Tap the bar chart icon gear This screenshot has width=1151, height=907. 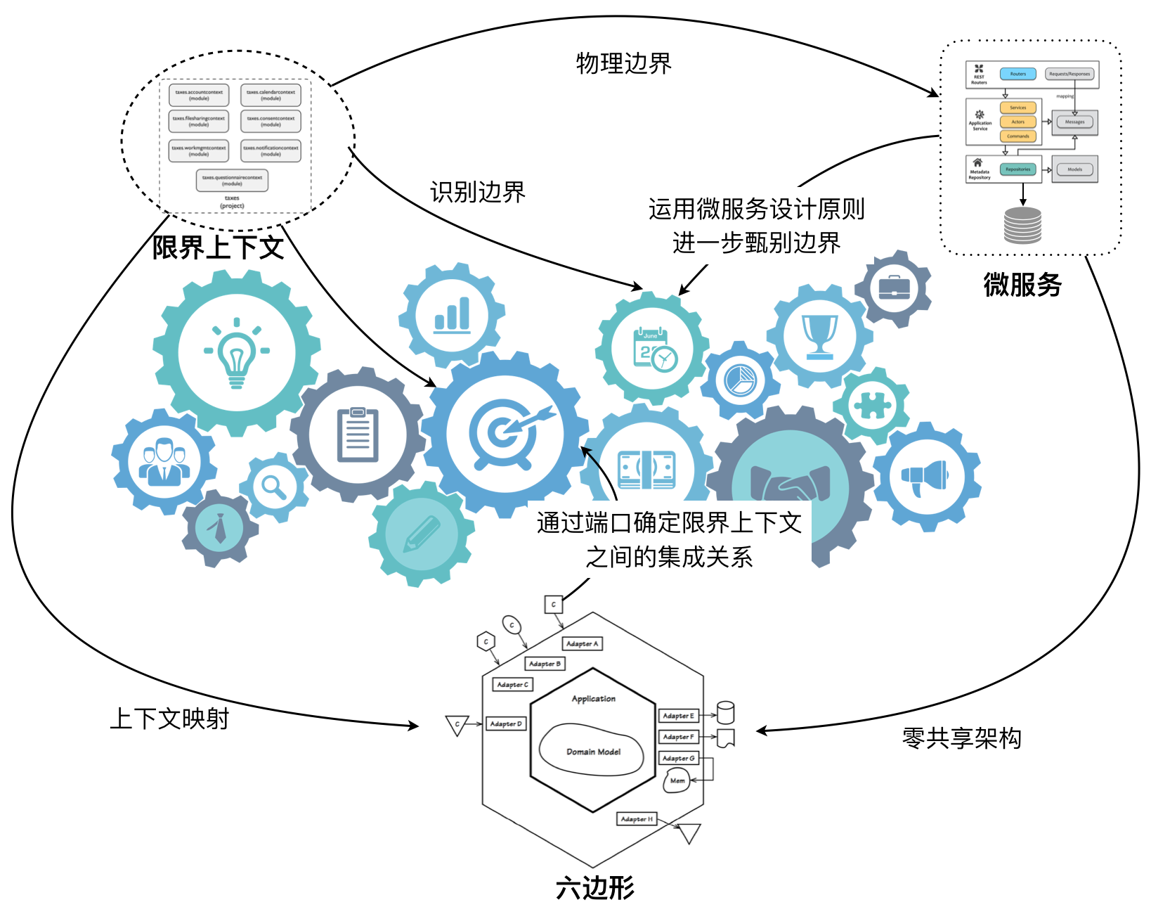(x=452, y=316)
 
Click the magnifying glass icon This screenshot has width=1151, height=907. (x=273, y=487)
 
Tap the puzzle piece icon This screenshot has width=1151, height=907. (x=871, y=406)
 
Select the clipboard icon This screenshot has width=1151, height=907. (x=358, y=435)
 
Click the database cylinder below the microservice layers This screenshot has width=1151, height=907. (x=1022, y=225)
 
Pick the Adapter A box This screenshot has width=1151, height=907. (x=582, y=643)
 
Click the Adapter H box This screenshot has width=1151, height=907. (x=637, y=819)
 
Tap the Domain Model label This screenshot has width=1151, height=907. (x=593, y=752)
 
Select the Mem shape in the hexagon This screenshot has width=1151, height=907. (x=677, y=780)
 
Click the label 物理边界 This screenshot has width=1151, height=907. (x=623, y=63)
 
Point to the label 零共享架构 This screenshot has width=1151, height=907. (x=961, y=738)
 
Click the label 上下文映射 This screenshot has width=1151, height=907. (x=169, y=718)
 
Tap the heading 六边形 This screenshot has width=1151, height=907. (x=594, y=887)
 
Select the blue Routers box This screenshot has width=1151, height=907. (x=1017, y=74)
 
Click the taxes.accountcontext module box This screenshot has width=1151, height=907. (x=199, y=95)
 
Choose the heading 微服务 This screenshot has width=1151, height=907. (x=1022, y=285)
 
